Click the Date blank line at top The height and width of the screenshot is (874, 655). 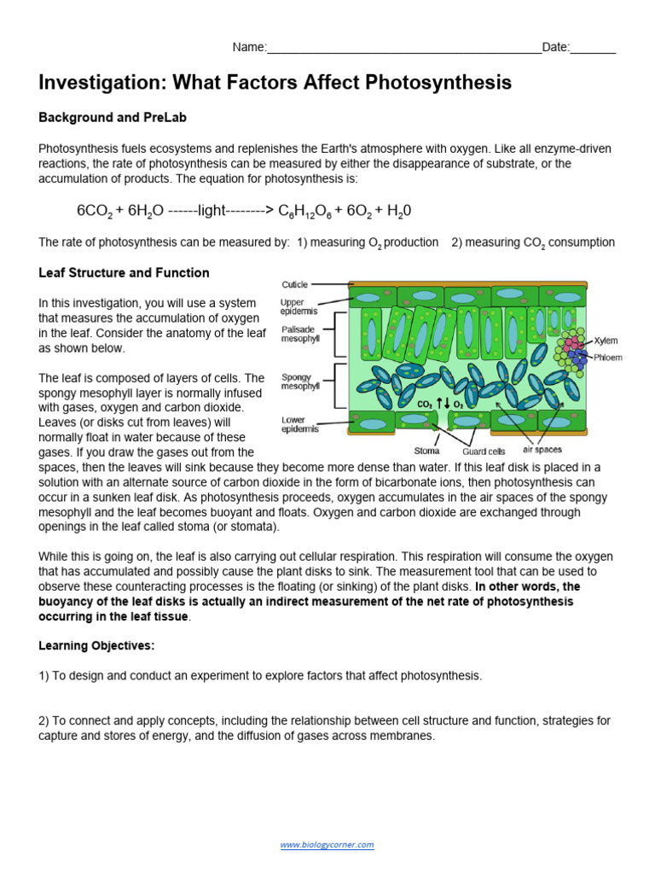(x=593, y=49)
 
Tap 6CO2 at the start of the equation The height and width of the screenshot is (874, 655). (x=95, y=211)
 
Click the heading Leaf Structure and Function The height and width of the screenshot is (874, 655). (x=124, y=273)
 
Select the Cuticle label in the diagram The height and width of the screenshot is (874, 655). (x=294, y=284)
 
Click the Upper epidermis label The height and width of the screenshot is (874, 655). (x=298, y=307)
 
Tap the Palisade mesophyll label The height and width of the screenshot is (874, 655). (x=300, y=334)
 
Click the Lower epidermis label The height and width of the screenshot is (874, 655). (x=298, y=424)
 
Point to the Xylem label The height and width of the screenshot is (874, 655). (x=606, y=340)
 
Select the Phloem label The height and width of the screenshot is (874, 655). (x=608, y=358)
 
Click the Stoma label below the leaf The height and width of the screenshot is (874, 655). (x=426, y=451)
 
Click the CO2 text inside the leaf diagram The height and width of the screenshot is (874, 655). (x=424, y=404)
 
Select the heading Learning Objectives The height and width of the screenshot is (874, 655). (x=96, y=645)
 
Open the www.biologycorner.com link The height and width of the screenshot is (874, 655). (x=327, y=845)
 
